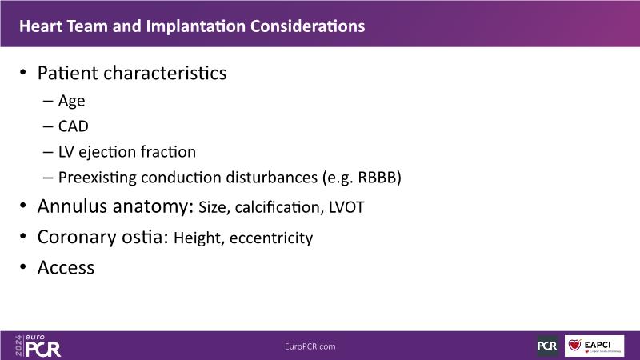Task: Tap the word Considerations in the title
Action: (308, 26)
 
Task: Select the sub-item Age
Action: (71, 102)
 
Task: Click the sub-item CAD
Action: (74, 126)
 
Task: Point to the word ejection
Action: (107, 152)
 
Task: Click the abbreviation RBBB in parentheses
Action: (377, 178)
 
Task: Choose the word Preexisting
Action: (98, 178)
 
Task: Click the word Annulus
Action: (72, 206)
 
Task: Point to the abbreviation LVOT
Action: (346, 207)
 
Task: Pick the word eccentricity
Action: (271, 238)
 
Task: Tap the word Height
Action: (198, 238)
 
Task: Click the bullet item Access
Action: (66, 268)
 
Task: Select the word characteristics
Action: (165, 73)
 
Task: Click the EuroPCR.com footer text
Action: (310, 346)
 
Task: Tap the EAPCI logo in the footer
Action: (594, 346)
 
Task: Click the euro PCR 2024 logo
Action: (38, 346)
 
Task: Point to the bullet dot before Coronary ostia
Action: (23, 236)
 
